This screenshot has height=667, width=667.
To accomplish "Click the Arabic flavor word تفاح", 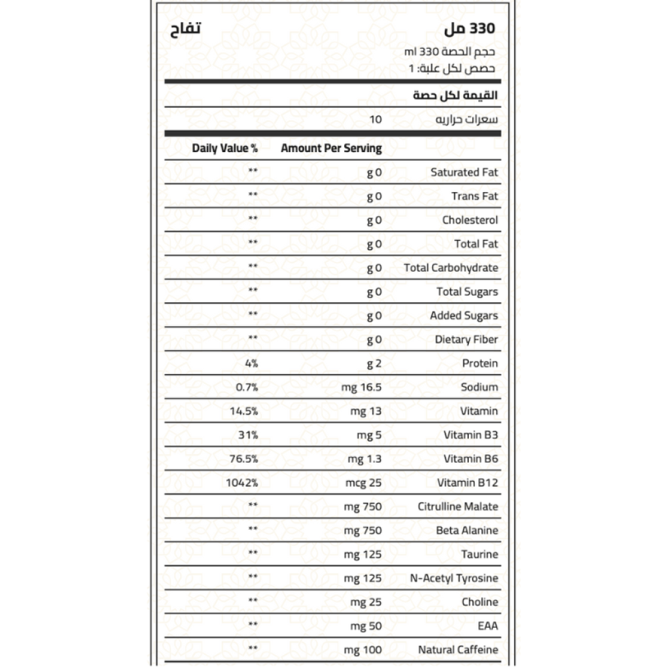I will coord(183,30).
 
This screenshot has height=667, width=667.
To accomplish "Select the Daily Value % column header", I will coord(225,148).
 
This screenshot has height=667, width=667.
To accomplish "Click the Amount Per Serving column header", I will coord(331,148).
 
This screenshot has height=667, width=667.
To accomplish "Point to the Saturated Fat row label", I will coord(464,172).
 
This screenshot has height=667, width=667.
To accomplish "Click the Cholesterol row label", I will coord(470,220).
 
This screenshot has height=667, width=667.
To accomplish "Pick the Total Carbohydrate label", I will coord(451,268).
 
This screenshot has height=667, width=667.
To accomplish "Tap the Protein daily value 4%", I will coord(251,364).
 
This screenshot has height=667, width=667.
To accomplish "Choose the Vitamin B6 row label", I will coord(471,459).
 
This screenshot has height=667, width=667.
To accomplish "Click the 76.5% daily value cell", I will coord(243,459).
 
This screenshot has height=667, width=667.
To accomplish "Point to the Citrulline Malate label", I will coord(458,507).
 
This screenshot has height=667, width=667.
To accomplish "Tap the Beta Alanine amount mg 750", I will coord(363,531).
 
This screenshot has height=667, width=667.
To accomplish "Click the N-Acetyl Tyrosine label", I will coord(454,578).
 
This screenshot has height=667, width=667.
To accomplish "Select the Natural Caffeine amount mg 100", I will coord(363,650).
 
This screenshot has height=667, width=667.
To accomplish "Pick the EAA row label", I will coord(488,626).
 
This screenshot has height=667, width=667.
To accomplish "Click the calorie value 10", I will coord(376,120).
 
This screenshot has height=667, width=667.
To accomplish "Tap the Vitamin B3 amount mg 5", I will coord(370,435).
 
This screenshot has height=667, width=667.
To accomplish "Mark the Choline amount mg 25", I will coord(366,602).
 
